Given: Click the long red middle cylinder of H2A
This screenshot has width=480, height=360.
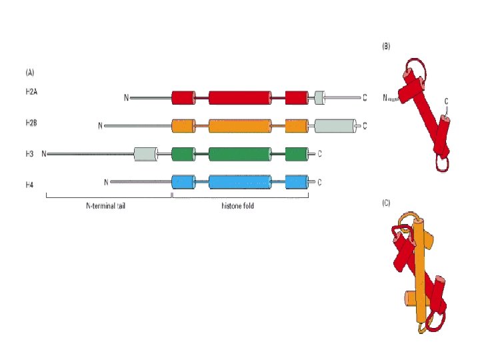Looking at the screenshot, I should (x=240, y=97).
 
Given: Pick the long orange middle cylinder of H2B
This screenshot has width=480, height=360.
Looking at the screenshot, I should (x=240, y=125).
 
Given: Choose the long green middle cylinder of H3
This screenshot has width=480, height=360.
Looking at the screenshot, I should (x=240, y=154).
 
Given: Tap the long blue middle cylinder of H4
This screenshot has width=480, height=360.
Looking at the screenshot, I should (x=240, y=181).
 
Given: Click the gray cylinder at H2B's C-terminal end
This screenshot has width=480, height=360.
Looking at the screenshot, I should (x=335, y=125).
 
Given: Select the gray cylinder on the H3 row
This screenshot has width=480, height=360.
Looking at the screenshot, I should (x=145, y=154).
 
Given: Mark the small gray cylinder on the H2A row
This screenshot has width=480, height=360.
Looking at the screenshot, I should (x=319, y=97).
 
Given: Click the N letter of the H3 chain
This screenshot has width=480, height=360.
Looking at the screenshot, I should (x=44, y=154).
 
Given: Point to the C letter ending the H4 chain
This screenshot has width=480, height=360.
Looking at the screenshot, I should (x=320, y=182).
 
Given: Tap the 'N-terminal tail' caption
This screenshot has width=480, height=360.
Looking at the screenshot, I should (x=106, y=206).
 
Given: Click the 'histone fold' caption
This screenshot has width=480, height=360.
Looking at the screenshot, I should (x=238, y=206).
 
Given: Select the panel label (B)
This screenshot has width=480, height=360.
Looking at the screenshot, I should (x=385, y=47).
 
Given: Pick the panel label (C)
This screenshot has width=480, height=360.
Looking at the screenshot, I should (x=386, y=204).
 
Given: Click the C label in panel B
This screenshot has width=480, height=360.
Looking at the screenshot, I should (x=446, y=101).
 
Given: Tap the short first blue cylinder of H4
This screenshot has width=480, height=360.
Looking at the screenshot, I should (x=182, y=181).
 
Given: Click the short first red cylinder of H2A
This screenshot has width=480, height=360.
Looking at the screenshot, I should (x=182, y=97).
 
